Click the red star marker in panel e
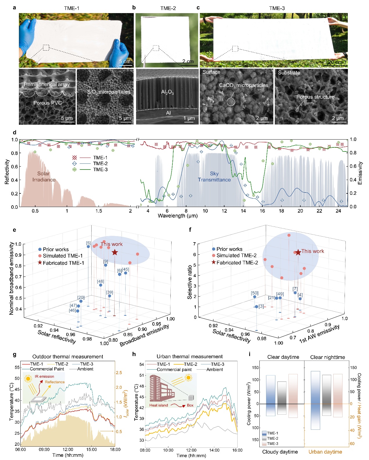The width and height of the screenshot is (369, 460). click(x=115, y=252)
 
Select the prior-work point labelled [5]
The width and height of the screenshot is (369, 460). click(x=88, y=247)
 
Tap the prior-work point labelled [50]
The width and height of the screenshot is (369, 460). click(x=255, y=297)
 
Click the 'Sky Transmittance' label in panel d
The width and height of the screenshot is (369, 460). click(x=214, y=176)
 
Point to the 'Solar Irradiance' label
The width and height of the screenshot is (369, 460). click(x=44, y=176)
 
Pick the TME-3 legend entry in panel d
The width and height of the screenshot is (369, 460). click(x=100, y=170)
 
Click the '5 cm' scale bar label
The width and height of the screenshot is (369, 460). click(x=125, y=61)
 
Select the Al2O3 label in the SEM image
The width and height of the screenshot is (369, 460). click(x=167, y=92)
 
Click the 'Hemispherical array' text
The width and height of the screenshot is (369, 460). click(x=47, y=84)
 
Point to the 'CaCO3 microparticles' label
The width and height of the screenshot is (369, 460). click(x=244, y=85)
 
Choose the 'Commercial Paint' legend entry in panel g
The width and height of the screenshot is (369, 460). click(x=47, y=369)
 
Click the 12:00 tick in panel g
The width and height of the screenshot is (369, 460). click(x=68, y=449)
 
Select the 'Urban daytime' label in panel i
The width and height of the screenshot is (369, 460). click(x=325, y=452)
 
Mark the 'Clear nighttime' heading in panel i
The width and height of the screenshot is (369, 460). click(x=327, y=357)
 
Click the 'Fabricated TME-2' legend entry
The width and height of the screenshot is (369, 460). click(x=237, y=263)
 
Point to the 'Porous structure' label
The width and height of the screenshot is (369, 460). click(x=315, y=97)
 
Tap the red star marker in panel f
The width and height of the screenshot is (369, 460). click(x=298, y=252)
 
